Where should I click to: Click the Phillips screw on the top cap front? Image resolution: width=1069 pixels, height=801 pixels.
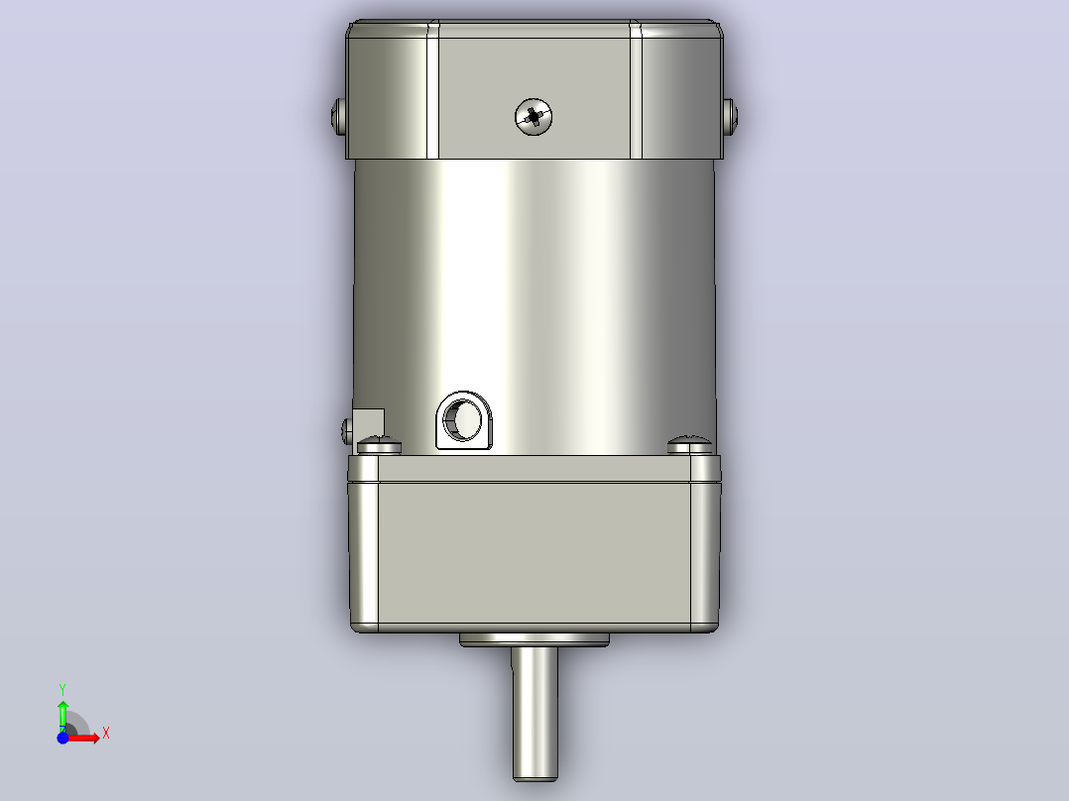click(534, 117)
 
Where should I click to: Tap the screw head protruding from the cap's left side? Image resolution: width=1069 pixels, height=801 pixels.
click(339, 117)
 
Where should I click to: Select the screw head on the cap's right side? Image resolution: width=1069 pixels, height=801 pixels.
click(730, 117)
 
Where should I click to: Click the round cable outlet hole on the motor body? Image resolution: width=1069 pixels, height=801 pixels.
click(464, 420)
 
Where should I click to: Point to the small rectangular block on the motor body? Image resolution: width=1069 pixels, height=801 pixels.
click(369, 423)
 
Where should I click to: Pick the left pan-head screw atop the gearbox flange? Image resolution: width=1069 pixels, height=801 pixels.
click(379, 446)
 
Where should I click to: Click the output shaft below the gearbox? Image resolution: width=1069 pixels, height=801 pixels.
click(535, 713)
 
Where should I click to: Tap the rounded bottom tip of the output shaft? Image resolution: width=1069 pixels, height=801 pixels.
click(535, 777)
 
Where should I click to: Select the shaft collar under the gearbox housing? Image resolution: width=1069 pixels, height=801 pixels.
click(534, 639)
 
